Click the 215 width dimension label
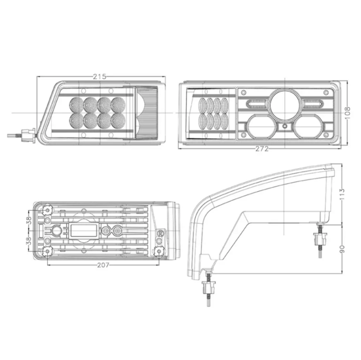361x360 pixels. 99,77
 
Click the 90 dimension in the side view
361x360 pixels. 342,249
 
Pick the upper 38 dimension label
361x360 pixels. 28,221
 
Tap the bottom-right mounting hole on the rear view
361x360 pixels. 159,253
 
